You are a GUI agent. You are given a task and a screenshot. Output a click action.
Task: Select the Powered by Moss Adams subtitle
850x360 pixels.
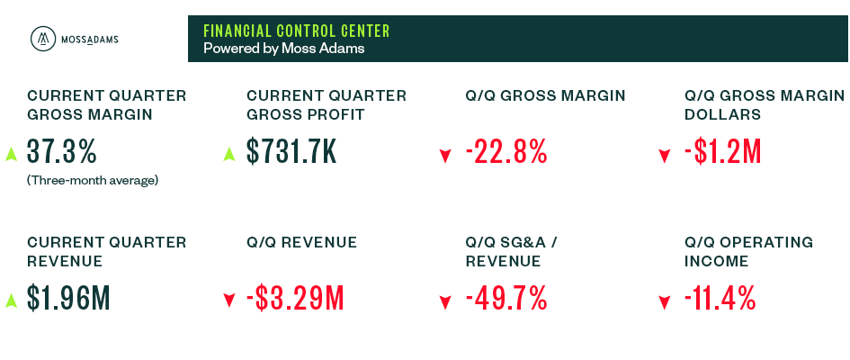point(283,49)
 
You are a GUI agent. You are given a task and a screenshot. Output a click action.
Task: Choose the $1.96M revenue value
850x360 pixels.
point(68,298)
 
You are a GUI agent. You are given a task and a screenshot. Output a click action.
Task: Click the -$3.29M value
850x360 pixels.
point(295,298)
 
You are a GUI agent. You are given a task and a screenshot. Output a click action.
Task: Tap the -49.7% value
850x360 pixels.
point(506,298)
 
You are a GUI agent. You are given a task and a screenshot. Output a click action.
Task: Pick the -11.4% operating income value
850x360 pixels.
point(720,298)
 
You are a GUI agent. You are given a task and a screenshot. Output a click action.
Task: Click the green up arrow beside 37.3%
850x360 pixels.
point(11,154)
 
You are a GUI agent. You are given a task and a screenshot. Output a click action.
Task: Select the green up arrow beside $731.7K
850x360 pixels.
point(229,154)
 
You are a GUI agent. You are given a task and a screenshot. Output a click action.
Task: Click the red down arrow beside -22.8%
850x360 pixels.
point(444,157)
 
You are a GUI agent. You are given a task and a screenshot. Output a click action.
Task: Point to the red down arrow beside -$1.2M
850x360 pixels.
point(664,157)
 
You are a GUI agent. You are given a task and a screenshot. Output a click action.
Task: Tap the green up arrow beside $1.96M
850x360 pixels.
point(11,301)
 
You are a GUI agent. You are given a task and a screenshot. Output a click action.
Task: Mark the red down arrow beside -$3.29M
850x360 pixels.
point(229,302)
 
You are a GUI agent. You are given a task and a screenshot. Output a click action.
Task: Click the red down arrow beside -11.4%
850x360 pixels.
point(664,302)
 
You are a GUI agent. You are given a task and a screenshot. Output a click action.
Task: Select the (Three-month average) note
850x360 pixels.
point(93,181)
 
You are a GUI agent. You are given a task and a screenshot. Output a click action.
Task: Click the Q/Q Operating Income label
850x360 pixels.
point(748,251)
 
